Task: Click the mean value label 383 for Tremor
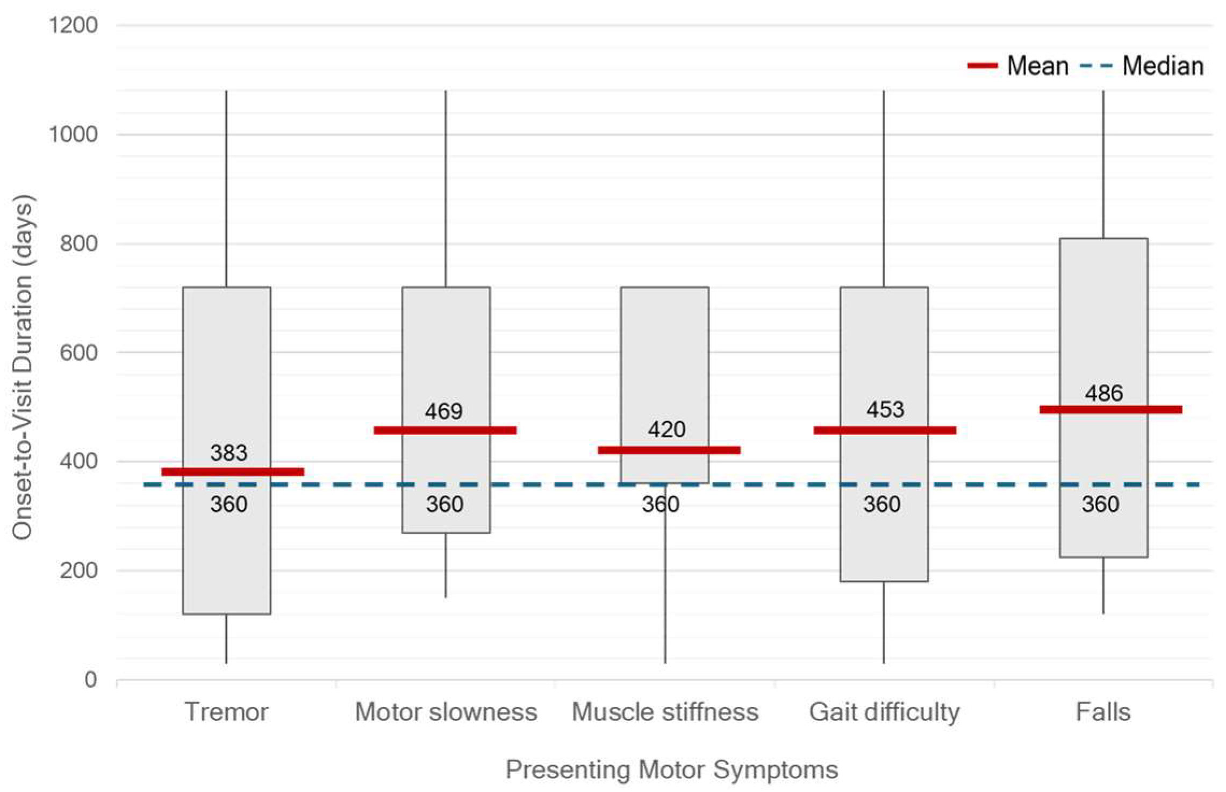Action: [x=228, y=453]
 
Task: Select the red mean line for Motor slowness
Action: [x=445, y=430]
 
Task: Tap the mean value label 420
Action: [x=666, y=430]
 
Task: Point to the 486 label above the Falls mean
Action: [x=1103, y=393]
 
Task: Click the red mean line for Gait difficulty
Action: [x=885, y=430]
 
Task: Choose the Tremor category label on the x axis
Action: [x=226, y=712]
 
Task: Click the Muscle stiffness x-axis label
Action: [x=665, y=712]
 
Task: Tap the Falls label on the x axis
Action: [x=1103, y=712]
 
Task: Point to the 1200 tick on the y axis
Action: [x=73, y=25]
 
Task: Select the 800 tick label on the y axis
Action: [x=78, y=244]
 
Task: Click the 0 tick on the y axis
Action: [x=90, y=680]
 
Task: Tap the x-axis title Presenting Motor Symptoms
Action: [x=671, y=769]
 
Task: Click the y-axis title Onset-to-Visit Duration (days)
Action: [x=23, y=367]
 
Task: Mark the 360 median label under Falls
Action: [x=1100, y=504]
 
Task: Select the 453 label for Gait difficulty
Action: [x=885, y=410]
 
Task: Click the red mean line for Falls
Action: [x=1110, y=410]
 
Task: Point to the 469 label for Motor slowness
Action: [x=443, y=411]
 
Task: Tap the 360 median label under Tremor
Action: [x=228, y=504]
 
